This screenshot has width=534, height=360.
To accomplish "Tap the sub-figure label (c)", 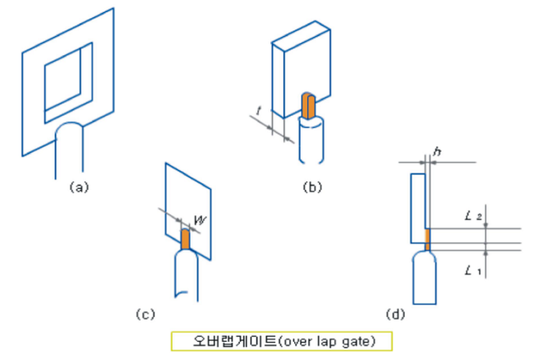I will pos(145,313).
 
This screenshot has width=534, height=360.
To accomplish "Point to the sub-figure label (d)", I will pos(396,313).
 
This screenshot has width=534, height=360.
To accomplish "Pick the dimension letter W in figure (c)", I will pos(199,219).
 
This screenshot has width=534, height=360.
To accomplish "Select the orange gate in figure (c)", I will pos(185,239).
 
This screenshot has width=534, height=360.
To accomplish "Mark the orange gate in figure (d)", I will pos(427,239).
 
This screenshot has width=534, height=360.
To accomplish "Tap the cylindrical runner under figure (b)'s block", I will pos(313,141).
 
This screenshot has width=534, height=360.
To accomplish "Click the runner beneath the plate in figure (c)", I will pos(186,275).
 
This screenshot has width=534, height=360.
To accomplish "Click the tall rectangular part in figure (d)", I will pos(417,207).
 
